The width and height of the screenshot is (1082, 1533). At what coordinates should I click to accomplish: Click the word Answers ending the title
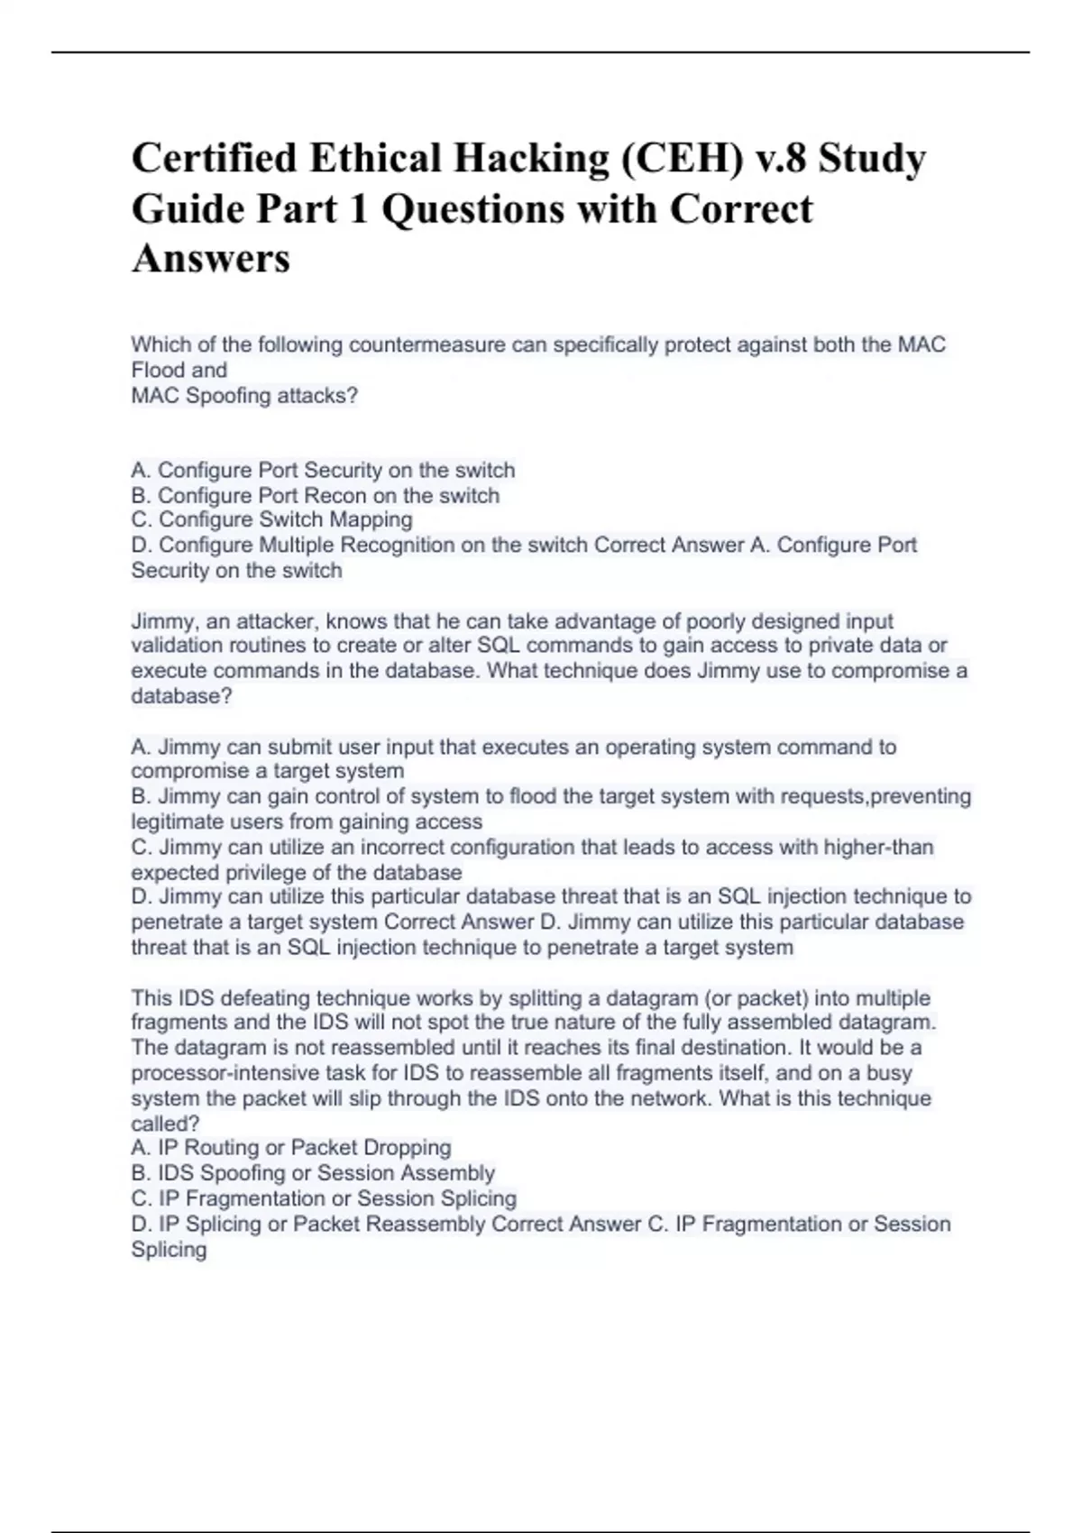(x=211, y=259)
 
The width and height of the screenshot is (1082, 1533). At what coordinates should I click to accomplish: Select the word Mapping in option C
(x=371, y=519)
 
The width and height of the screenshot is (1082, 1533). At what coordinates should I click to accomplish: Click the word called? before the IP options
(x=165, y=1124)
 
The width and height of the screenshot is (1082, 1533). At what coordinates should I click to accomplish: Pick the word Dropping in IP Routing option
(x=407, y=1147)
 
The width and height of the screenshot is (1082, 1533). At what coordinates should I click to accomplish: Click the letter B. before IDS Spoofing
(x=141, y=1172)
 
